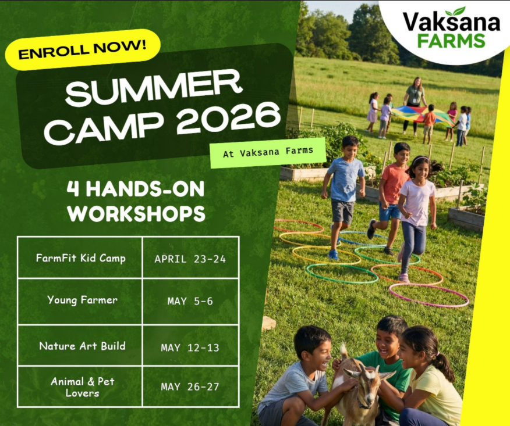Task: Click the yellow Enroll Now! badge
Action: coord(83,49)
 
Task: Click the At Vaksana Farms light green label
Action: coord(268,153)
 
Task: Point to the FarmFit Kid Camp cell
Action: coord(80,258)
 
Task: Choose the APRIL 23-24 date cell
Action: coord(190,259)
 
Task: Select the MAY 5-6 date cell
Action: coord(190,301)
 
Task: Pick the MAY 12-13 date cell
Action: coord(190,348)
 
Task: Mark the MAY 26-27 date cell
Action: coord(190,386)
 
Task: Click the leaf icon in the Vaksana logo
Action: coord(455,12)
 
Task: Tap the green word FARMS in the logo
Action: coord(451,41)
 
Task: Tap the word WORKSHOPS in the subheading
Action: coord(136,214)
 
